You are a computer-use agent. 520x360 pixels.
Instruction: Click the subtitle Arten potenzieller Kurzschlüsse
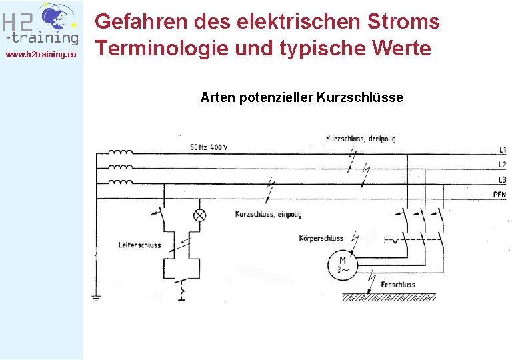tap(301, 97)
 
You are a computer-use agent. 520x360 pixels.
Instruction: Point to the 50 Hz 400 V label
tap(208, 147)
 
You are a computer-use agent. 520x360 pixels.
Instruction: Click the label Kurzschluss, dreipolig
tap(360, 139)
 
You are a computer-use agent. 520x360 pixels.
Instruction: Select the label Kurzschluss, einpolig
tap(268, 214)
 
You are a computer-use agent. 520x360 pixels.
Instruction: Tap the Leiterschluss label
tap(139, 245)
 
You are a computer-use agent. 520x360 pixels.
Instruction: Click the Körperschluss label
tap(321, 238)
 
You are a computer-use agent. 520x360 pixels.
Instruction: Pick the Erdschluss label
tap(397, 285)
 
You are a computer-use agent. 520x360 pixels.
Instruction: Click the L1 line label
tap(502, 149)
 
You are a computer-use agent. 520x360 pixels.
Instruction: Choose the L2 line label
tap(502, 165)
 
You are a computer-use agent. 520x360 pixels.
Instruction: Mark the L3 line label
tap(502, 180)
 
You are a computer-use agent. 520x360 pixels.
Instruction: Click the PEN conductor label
tap(499, 195)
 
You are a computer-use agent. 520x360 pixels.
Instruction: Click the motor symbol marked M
tap(343, 265)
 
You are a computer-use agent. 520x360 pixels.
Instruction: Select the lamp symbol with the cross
tap(199, 215)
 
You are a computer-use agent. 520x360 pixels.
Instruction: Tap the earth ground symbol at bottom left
tap(97, 298)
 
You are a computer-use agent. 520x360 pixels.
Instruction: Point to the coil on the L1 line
tap(120, 151)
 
